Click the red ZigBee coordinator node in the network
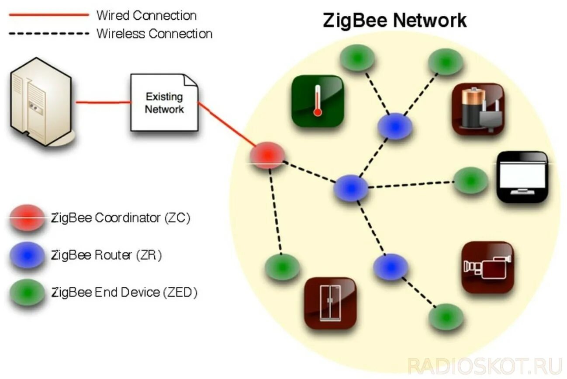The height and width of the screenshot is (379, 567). click(267, 156)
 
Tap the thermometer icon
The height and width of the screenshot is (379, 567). click(318, 101)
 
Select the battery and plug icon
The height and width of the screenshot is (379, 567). click(478, 109)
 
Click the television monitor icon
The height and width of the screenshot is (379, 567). click(522, 177)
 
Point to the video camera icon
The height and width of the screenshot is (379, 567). click(487, 267)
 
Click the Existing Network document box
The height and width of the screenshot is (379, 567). click(164, 103)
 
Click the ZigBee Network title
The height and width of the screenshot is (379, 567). click(394, 21)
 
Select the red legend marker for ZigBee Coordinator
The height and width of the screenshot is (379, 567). click(28, 217)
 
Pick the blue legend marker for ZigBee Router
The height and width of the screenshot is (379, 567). click(28, 255)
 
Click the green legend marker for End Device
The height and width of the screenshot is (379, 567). click(28, 292)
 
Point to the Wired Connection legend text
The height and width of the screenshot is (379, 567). click(146, 16)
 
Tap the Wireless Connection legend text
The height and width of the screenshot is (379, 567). click(154, 34)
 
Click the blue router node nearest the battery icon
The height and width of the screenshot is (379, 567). click(395, 126)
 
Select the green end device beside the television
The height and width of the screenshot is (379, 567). click(470, 180)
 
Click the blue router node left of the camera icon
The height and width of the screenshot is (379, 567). click(391, 267)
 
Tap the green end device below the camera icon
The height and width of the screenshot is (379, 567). click(446, 317)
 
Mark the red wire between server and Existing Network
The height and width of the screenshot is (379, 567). click(103, 103)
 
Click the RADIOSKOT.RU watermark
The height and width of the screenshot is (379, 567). click(484, 365)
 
